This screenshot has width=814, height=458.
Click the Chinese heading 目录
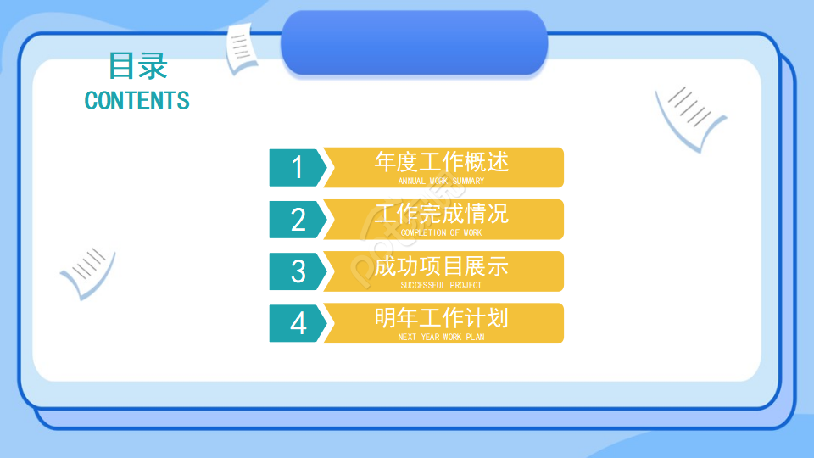(x=138, y=65)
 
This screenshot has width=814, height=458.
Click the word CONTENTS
(x=137, y=100)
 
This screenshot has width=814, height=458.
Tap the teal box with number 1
(x=297, y=167)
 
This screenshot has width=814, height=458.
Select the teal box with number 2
(x=297, y=220)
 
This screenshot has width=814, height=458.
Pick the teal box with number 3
(x=297, y=271)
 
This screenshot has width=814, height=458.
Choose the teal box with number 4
(x=297, y=323)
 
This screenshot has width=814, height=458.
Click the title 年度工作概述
(x=441, y=161)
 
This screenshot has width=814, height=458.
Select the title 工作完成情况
(x=441, y=213)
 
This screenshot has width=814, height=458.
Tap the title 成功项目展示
(x=441, y=265)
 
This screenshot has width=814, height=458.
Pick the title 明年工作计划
(x=441, y=317)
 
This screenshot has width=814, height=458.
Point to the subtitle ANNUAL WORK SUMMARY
(x=441, y=181)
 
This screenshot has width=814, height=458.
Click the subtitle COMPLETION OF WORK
(x=441, y=232)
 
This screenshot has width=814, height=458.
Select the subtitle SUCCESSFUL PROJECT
(x=441, y=285)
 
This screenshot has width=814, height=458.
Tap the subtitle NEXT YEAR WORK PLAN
(x=441, y=337)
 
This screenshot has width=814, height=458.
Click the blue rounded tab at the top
(x=414, y=42)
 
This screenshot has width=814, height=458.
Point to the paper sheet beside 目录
(x=242, y=47)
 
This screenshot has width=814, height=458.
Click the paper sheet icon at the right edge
(x=690, y=116)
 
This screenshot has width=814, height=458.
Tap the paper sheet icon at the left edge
(x=86, y=271)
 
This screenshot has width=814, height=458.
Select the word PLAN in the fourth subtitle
(x=475, y=337)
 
